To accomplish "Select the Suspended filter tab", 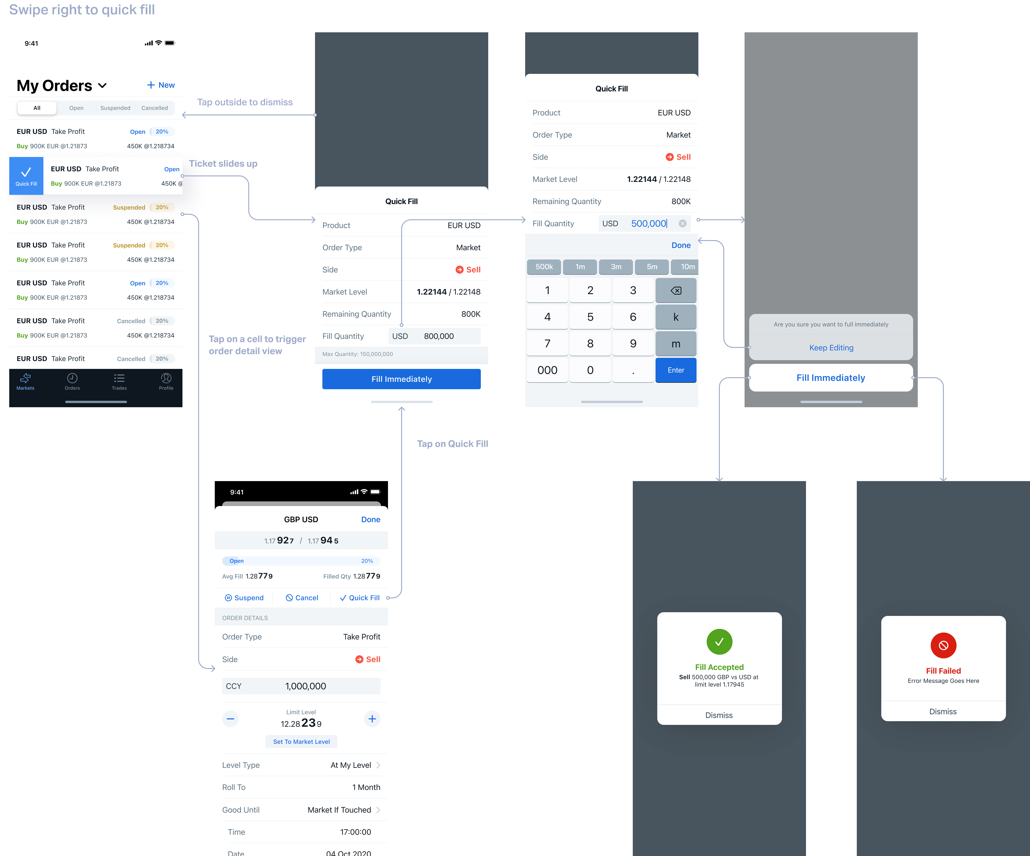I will (x=115, y=108).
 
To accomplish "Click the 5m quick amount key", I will (x=652, y=267).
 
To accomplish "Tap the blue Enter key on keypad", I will (x=675, y=370).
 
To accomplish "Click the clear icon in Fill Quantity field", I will (x=682, y=223).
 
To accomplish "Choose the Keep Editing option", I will (x=831, y=348).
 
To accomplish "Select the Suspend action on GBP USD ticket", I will (x=244, y=598).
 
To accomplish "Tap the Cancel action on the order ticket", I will (x=302, y=598).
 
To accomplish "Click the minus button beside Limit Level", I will (x=230, y=719).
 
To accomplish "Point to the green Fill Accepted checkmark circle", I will (x=719, y=642).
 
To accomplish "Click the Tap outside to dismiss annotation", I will (x=245, y=102).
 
